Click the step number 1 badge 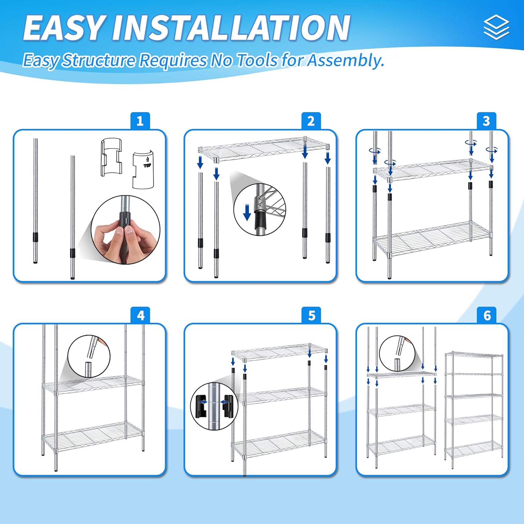click(140, 121)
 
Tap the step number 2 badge click(311, 121)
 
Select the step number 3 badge click(486, 121)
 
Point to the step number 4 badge click(140, 315)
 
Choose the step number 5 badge click(312, 315)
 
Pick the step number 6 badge click(487, 315)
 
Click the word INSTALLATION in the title click(231, 28)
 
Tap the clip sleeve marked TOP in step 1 click(143, 170)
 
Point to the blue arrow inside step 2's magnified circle click(247, 212)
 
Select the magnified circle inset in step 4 click(89, 356)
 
